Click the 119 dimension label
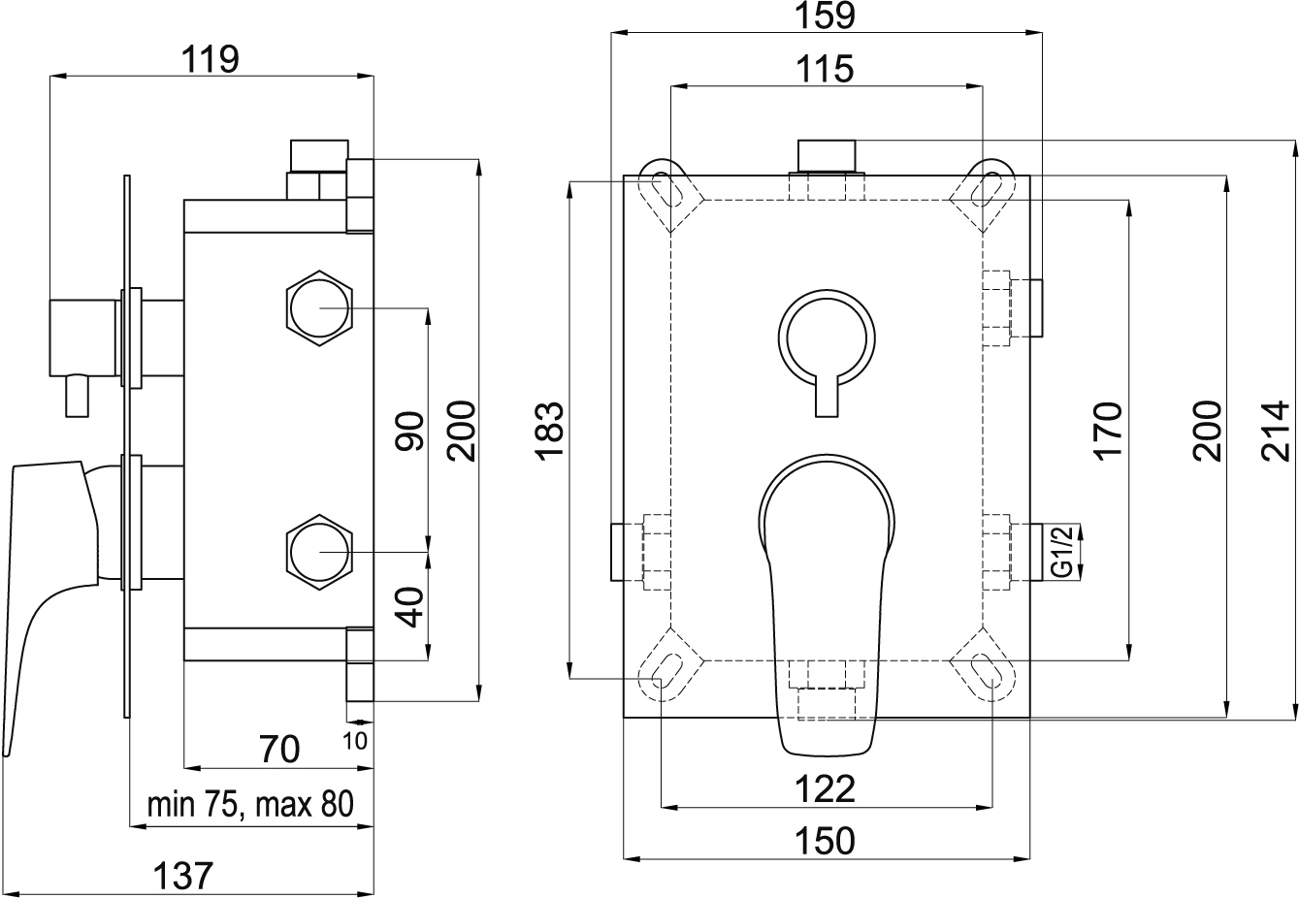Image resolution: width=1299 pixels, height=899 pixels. (210, 60)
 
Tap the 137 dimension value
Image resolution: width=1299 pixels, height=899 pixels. (182, 876)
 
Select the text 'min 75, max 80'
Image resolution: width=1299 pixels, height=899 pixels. (250, 805)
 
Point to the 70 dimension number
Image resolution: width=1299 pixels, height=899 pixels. (279, 749)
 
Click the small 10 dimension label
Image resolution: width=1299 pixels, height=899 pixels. (354, 741)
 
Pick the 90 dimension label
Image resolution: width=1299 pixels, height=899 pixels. (409, 430)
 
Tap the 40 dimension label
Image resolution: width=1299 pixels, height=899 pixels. (409, 607)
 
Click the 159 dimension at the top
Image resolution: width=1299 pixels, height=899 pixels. (826, 16)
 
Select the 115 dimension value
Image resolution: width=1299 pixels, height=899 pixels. (826, 69)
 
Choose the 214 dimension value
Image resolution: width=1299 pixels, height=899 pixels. (1276, 430)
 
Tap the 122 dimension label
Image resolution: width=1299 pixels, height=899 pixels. (826, 788)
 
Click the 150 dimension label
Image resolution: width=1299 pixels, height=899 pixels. (826, 841)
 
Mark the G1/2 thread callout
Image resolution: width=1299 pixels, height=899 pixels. (1061, 551)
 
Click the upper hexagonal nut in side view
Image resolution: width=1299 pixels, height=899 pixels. (319, 308)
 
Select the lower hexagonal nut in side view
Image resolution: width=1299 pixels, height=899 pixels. (319, 552)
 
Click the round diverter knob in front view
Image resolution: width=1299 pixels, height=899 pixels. (827, 337)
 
